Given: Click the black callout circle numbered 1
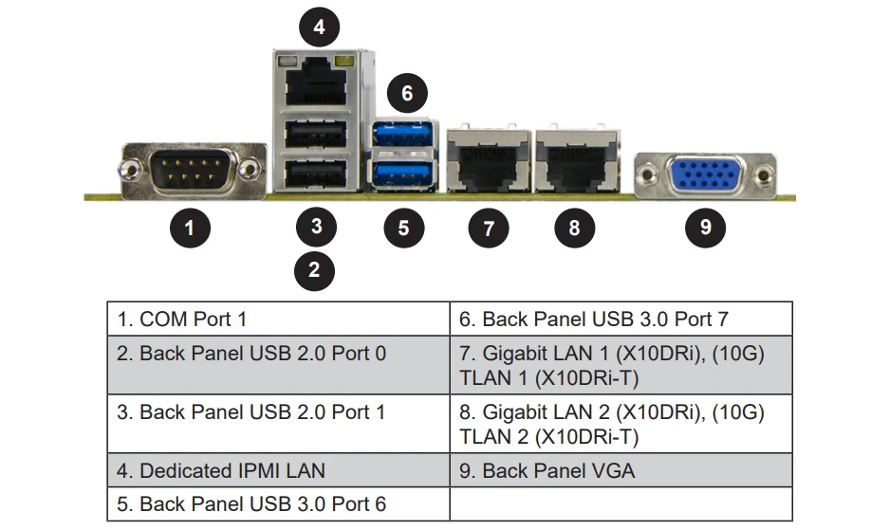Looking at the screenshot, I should pyautogui.click(x=190, y=228).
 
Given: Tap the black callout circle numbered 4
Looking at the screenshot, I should pyautogui.click(x=319, y=27).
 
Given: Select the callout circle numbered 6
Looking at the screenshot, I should pyautogui.click(x=407, y=93).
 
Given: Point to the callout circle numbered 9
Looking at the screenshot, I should pyautogui.click(x=705, y=227).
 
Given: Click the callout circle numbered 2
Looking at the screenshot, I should pyautogui.click(x=315, y=270).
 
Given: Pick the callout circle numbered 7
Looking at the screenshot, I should pyautogui.click(x=489, y=228).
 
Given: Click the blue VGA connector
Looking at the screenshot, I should pyautogui.click(x=705, y=175).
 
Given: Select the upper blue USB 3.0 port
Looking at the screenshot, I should pyautogui.click(x=404, y=136).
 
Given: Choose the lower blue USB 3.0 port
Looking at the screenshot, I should pyautogui.click(x=404, y=173).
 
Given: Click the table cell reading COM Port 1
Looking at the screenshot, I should pyautogui.click(x=277, y=320).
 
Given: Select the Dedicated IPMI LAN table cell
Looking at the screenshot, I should pyautogui.click(x=277, y=469).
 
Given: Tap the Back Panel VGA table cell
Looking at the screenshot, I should pyautogui.click(x=620, y=469).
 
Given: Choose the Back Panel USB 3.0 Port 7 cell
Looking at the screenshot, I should pyautogui.click(x=620, y=320).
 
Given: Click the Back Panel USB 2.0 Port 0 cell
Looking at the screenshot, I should pyautogui.click(x=277, y=354).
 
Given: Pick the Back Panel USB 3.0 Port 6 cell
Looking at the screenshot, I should pyautogui.click(x=277, y=503).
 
